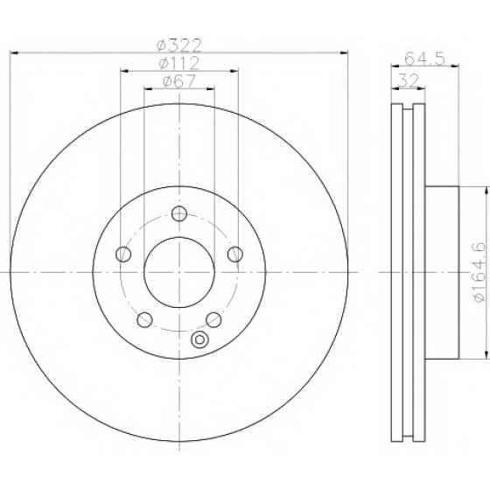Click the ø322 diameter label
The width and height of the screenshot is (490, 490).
pyautogui.click(x=179, y=45)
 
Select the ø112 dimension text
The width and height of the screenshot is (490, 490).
pyautogui.click(x=179, y=63)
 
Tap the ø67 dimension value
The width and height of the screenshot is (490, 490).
pyautogui.click(x=179, y=81)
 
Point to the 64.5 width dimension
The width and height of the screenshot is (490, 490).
pyautogui.click(x=424, y=59)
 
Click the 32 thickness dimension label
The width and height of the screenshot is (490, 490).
pyautogui.click(x=409, y=80)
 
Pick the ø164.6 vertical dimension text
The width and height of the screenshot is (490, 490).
pyautogui.click(x=479, y=272)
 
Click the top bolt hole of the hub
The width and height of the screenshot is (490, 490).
pyautogui.click(x=179, y=213)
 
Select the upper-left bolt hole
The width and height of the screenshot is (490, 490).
pyautogui.click(x=123, y=254)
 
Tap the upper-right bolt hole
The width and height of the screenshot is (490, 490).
pyautogui.click(x=235, y=254)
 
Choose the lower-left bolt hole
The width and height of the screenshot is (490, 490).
pyautogui.click(x=144, y=319)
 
